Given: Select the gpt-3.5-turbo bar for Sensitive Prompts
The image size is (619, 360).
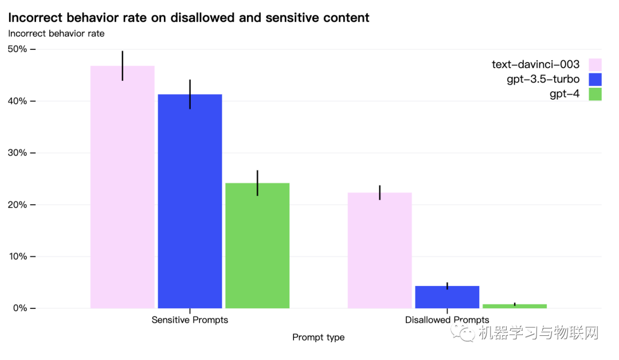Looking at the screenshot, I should point(190,201).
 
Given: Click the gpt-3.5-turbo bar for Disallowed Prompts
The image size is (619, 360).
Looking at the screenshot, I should point(447,297).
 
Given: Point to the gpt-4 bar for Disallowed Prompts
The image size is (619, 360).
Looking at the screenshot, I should point(515,306).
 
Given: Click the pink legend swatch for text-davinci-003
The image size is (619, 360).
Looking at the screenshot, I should point(595,64).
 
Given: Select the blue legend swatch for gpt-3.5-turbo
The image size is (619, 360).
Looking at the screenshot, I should point(595,79).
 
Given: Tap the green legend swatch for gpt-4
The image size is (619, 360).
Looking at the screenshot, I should point(595,94).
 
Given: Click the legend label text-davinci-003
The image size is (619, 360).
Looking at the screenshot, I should point(535,64).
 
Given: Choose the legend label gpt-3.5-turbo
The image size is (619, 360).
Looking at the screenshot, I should point(543,79).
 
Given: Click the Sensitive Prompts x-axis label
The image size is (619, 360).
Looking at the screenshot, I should point(190,320).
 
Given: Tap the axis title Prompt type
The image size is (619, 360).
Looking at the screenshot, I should point(318,337).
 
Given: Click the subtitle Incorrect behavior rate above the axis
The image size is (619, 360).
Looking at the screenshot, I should point(56,33).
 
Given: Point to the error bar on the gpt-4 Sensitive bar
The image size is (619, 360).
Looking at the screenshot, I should point(257,183).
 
